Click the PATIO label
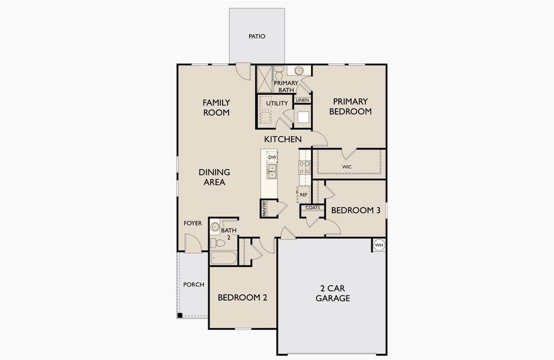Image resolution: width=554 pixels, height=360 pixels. pos(257,37)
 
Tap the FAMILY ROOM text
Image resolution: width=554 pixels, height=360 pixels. pos(216,107)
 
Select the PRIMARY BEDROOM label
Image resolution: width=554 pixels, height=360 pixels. pos(351,106)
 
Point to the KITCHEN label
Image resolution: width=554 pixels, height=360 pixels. pos(283,139)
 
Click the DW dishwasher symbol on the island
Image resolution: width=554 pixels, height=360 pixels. pos(272,157)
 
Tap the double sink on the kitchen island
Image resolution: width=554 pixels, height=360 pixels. pos(272,172)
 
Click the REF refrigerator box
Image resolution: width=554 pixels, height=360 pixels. pos(304,194)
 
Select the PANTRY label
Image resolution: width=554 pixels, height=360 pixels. pos(264,208)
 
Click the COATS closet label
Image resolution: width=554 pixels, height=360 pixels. pos(312,208)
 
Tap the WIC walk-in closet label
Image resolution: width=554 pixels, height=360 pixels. pos(347,166)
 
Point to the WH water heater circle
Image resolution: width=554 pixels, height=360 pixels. pos(379,245)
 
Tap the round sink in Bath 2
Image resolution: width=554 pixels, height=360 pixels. pos(215,227)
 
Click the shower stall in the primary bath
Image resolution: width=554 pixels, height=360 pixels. pos(265,79)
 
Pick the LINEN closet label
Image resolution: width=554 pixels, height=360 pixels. pos(302,100)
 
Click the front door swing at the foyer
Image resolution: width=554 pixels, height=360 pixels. pos(192,243)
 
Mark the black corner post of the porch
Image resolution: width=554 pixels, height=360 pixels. pos(179,316)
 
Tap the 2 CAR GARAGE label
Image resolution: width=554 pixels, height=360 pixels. pos(331,293)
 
